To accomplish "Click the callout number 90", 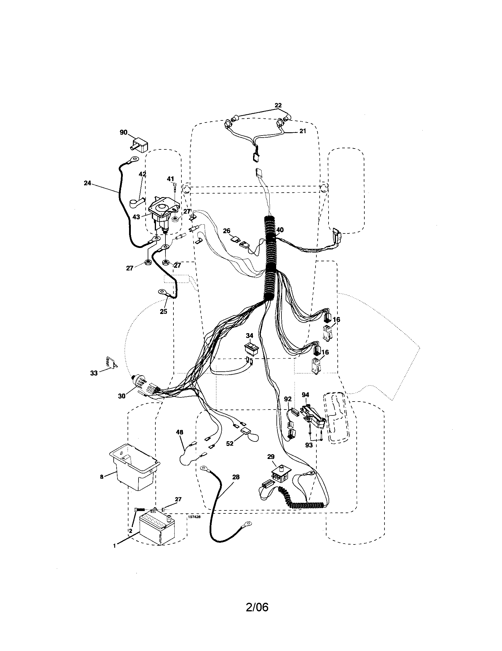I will click(123, 132).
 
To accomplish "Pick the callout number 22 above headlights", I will click(278, 105).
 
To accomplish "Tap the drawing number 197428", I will click(194, 518).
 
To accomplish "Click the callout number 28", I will click(236, 477).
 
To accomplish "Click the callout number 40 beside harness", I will click(280, 230).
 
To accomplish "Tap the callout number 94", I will click(305, 395).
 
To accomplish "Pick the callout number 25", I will click(163, 312).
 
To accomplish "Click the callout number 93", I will click(309, 445).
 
